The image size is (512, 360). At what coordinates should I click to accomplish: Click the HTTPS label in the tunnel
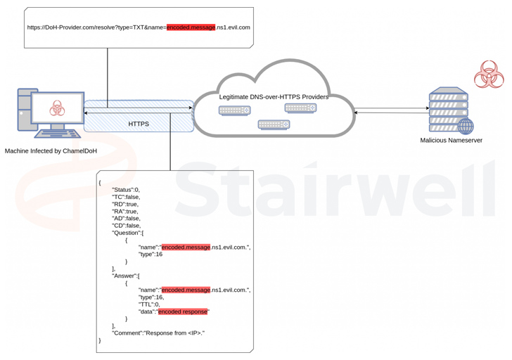[139, 124]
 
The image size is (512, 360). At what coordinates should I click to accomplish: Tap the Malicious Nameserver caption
[451, 141]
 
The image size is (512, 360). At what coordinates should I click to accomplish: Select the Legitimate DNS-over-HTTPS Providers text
[273, 97]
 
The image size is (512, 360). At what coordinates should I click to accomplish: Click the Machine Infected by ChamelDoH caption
[50, 151]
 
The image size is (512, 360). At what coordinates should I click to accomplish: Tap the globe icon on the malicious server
[466, 127]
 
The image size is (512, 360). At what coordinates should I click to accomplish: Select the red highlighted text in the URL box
[191, 27]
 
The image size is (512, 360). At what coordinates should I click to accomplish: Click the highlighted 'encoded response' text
[184, 311]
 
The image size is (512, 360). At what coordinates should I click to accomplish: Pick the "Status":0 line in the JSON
[126, 190]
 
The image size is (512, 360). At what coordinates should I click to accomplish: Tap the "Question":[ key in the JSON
[127, 233]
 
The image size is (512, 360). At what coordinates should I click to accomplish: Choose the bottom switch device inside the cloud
[274, 124]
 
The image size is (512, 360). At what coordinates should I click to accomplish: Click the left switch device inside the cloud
[234, 110]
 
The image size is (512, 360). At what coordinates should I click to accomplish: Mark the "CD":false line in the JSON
[126, 225]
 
